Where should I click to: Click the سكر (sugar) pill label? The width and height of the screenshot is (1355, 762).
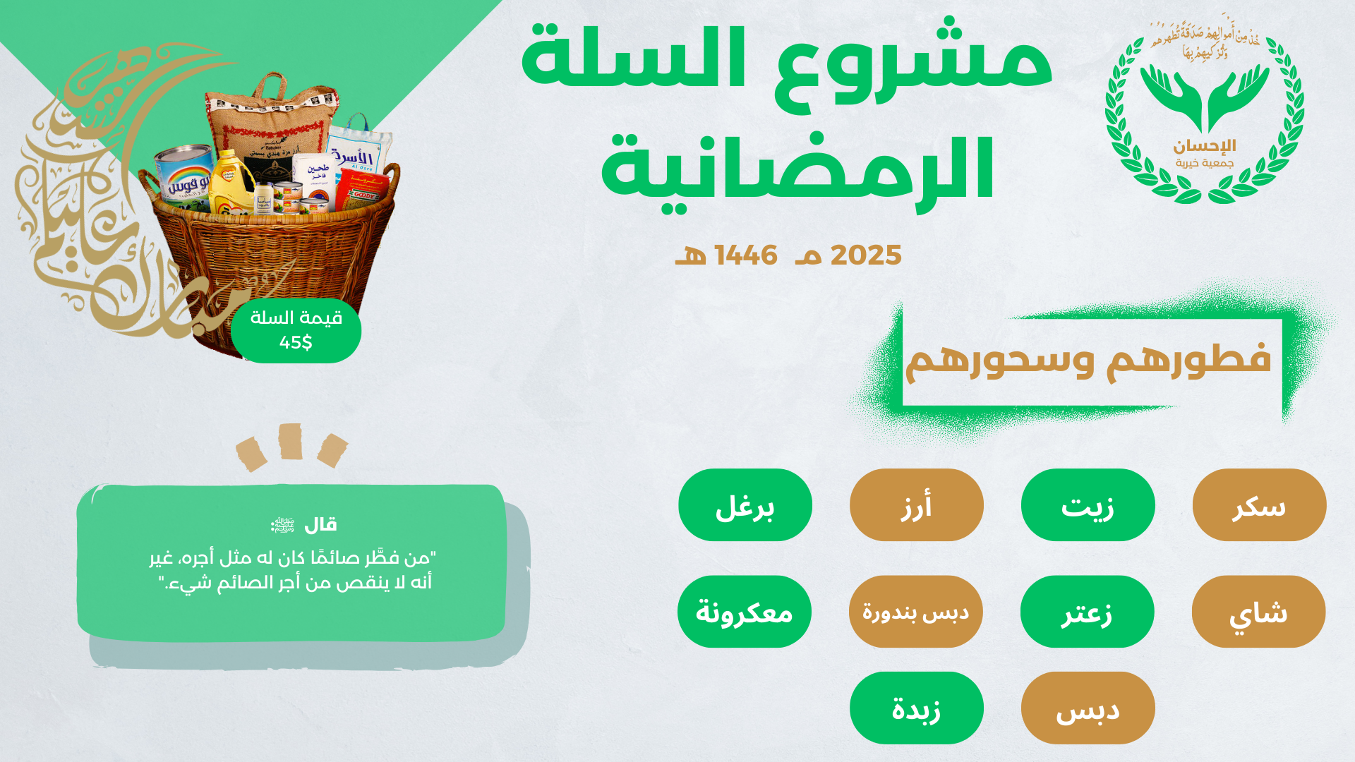coord(1259,505)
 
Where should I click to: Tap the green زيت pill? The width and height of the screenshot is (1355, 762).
coord(1088,505)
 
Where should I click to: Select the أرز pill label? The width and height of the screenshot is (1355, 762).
coord(916,505)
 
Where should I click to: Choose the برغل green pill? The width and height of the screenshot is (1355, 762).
coord(745,505)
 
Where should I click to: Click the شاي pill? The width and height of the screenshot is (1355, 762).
coord(1258,612)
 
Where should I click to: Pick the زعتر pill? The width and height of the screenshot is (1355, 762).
coord(1087,612)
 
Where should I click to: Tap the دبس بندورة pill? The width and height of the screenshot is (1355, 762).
coord(915,612)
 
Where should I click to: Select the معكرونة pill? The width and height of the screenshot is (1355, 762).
coord(745,612)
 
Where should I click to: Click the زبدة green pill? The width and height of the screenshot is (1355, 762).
coord(916,708)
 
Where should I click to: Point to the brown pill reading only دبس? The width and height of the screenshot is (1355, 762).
coord(1088,708)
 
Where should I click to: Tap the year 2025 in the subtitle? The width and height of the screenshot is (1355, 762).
coord(866,255)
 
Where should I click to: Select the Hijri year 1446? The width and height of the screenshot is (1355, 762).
coord(746,255)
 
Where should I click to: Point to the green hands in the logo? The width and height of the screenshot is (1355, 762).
coord(1205,95)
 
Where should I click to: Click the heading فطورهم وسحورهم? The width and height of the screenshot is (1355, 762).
coord(1088,360)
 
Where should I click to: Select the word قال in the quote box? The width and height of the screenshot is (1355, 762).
coord(320,525)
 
